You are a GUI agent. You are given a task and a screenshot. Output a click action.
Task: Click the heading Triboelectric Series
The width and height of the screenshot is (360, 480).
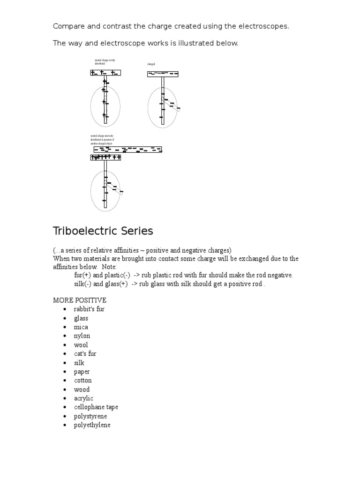(x=103, y=231)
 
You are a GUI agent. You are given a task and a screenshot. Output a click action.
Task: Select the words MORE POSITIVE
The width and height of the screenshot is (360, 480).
(x=80, y=300)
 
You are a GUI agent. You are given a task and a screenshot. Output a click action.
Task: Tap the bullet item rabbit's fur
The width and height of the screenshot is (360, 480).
(x=89, y=309)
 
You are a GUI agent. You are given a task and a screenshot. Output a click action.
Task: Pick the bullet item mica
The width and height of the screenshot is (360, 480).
(x=81, y=327)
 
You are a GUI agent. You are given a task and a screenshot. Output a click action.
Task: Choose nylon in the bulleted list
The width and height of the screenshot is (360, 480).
(x=82, y=336)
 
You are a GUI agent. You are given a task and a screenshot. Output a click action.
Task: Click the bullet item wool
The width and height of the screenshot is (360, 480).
(x=81, y=345)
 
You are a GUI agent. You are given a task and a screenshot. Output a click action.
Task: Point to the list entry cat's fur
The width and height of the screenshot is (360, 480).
(x=85, y=354)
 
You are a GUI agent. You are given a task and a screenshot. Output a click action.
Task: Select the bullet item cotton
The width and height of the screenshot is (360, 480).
(x=82, y=381)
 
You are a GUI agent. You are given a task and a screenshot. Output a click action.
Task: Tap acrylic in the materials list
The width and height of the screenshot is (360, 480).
(x=83, y=398)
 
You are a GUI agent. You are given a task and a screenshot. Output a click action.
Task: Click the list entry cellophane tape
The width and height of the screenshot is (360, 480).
(x=96, y=407)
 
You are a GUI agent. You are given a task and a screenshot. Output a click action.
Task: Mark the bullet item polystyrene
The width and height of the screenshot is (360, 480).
(x=90, y=416)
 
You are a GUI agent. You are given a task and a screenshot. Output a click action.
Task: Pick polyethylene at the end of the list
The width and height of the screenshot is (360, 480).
(x=92, y=425)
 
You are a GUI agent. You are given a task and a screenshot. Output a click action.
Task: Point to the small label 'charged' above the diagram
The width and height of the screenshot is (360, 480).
(x=151, y=64)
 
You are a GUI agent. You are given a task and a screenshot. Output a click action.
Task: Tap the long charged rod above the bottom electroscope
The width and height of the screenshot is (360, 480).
(x=127, y=150)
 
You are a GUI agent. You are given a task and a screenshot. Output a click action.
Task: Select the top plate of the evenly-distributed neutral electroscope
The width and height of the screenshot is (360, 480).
(x=105, y=73)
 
